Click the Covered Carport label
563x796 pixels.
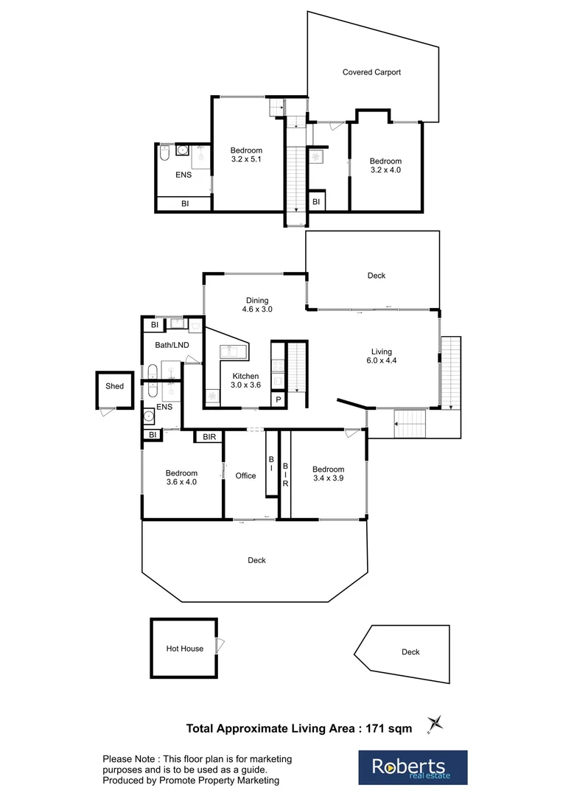(x=371, y=72)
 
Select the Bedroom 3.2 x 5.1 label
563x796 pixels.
(x=245, y=156)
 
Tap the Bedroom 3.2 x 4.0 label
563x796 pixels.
(x=385, y=166)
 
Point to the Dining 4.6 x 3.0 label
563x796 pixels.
(x=257, y=305)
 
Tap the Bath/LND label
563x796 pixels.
(x=169, y=344)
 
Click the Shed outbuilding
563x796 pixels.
(x=114, y=387)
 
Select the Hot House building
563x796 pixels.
(x=184, y=649)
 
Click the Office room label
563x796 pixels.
(x=245, y=476)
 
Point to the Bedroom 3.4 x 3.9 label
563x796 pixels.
(x=328, y=474)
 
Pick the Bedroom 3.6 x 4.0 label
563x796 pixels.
(x=181, y=478)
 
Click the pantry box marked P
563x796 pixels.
(x=279, y=399)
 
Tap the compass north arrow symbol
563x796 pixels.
(x=433, y=725)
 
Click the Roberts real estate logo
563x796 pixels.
(x=413, y=767)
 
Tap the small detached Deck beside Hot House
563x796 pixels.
(x=410, y=652)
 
